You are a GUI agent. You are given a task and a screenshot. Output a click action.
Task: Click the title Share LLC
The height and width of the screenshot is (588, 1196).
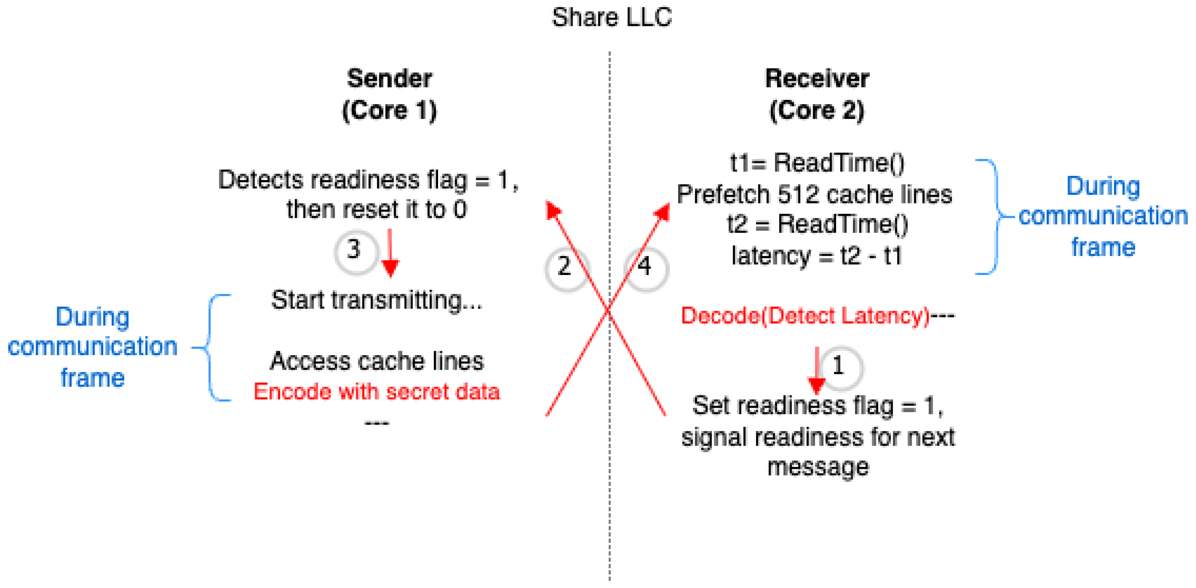(x=611, y=18)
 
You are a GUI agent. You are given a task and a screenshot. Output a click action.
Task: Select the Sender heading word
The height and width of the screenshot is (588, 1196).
(x=389, y=78)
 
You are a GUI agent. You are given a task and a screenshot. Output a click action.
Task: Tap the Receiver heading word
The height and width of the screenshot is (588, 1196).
(x=817, y=78)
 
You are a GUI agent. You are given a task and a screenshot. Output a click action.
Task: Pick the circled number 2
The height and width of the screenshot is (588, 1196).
(x=565, y=267)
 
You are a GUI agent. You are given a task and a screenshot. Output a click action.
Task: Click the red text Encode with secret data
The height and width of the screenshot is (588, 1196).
(x=376, y=392)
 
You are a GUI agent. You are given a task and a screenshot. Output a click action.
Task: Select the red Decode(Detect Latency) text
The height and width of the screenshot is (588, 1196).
(x=806, y=316)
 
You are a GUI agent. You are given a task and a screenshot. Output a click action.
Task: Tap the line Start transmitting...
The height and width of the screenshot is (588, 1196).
(x=376, y=300)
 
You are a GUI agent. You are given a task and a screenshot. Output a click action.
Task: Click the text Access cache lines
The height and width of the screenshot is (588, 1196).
(x=376, y=361)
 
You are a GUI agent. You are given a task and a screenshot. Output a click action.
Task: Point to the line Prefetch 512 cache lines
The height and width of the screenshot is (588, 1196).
(x=814, y=194)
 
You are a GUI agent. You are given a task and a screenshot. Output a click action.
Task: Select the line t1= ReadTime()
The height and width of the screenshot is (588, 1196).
(x=817, y=163)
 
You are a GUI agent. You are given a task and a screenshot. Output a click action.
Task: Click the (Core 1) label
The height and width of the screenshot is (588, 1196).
(x=389, y=111)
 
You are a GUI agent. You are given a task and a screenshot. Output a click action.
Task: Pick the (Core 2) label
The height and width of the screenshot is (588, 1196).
(x=817, y=111)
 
